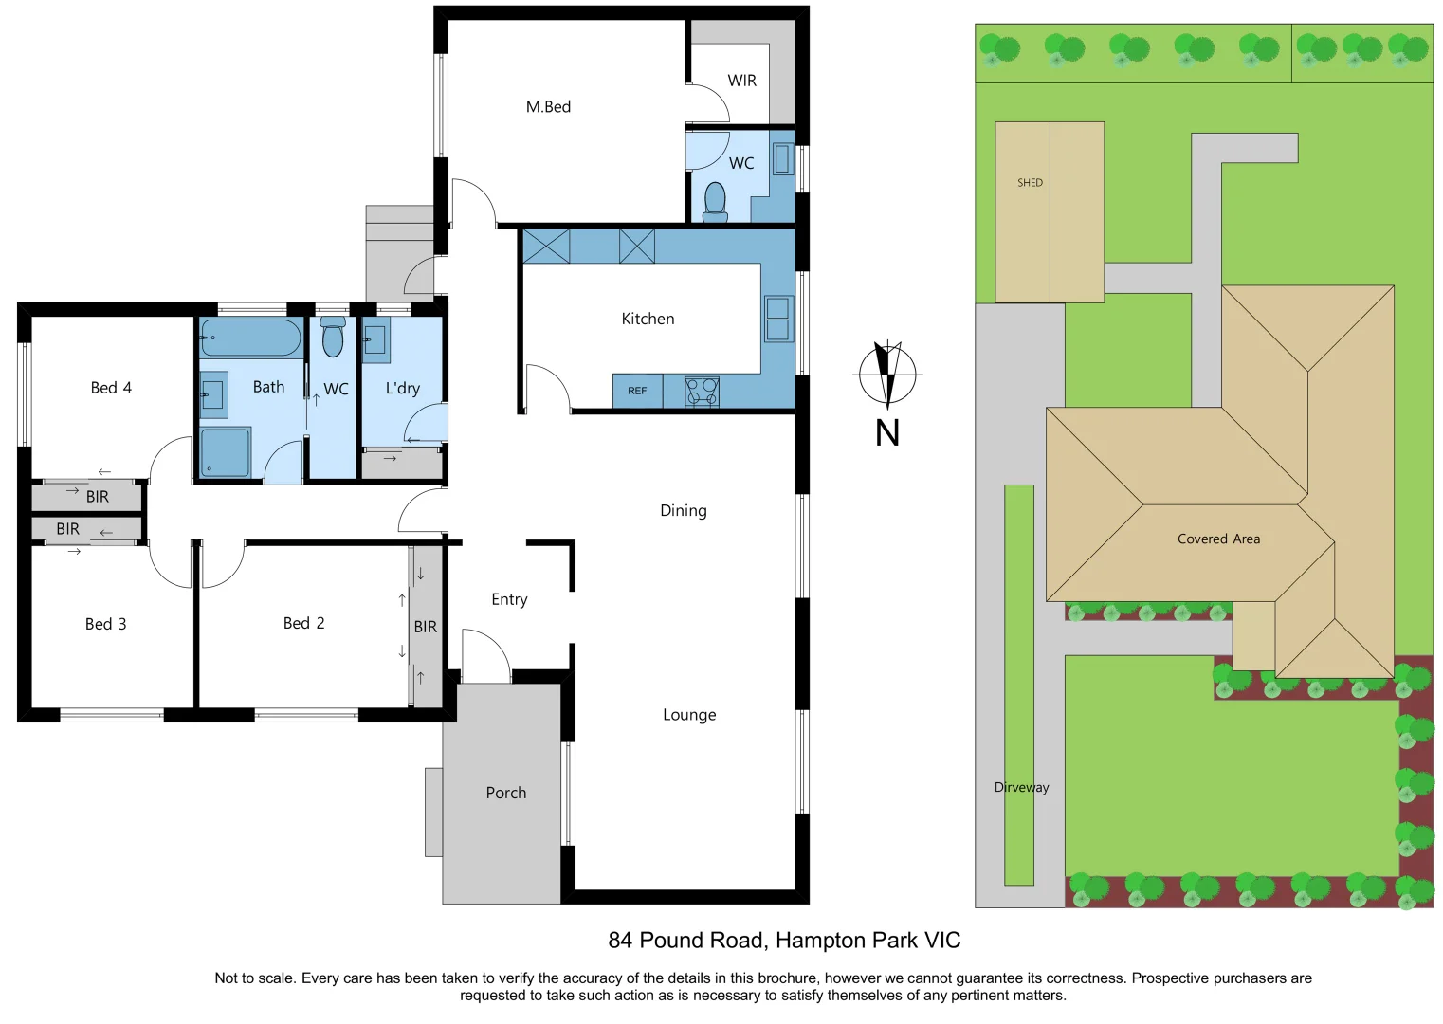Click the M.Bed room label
548,107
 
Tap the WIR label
741,81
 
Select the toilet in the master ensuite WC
715,201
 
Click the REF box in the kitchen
637,391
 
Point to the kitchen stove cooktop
702,391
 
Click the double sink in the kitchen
777,319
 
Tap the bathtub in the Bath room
250,338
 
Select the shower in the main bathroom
225,452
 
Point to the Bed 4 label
111,388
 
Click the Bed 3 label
105,624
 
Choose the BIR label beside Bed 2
425,627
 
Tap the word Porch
505,793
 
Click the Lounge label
689,715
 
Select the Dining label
683,510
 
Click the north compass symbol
887,374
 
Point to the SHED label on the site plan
1030,183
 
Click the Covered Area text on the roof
1218,539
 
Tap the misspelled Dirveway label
1021,787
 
